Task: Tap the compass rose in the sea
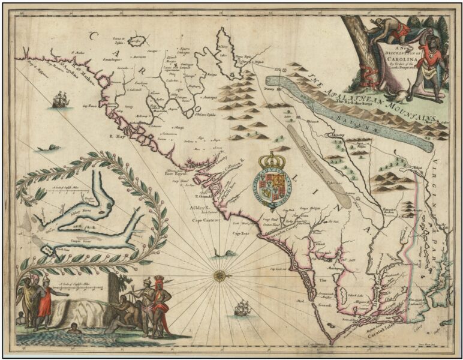click(x=218, y=275)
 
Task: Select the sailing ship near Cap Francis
click(x=59, y=100)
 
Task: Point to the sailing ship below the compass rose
click(x=241, y=308)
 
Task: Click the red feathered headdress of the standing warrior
click(x=160, y=281)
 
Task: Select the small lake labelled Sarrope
click(x=139, y=41)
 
